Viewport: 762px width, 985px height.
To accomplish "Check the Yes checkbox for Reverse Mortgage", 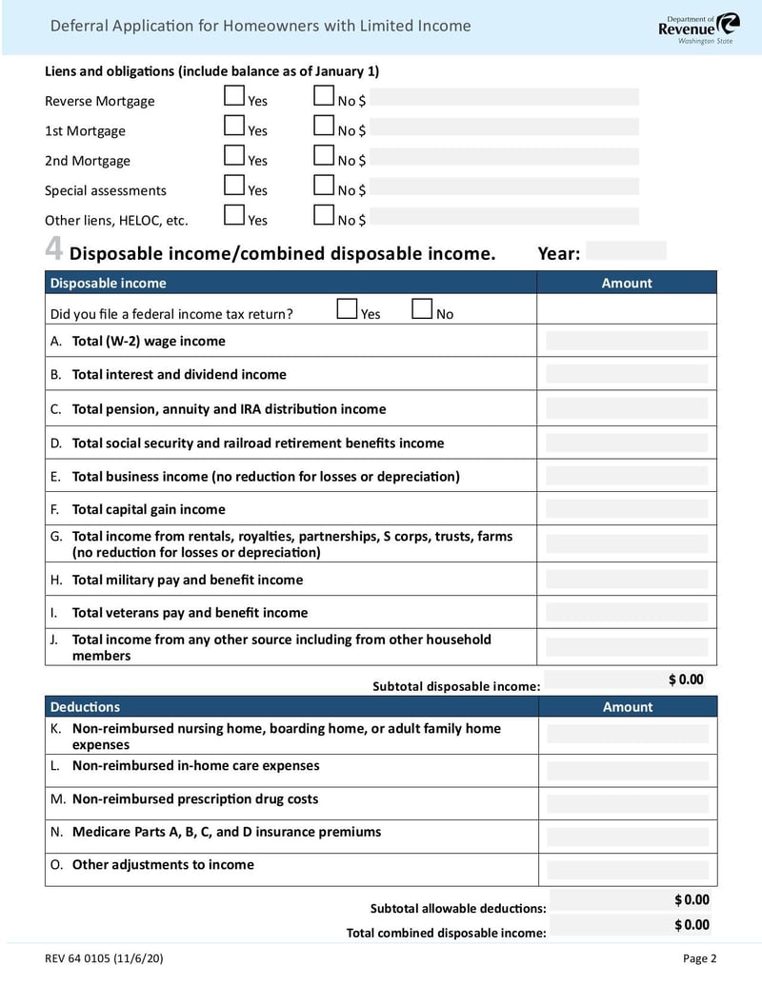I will [234, 96].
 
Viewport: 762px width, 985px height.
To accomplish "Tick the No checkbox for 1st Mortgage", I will [324, 126].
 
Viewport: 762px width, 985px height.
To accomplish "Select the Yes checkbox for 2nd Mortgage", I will [234, 155].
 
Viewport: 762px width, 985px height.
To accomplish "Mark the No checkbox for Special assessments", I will [324, 185].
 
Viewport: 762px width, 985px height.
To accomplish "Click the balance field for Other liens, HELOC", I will [504, 217].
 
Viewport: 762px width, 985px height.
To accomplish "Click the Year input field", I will [626, 251].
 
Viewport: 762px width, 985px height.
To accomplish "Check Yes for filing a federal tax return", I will [348, 309].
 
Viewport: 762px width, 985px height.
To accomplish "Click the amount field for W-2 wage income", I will [627, 341].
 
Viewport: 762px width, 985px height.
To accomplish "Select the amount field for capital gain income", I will [627, 509].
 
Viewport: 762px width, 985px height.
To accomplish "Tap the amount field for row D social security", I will [627, 443].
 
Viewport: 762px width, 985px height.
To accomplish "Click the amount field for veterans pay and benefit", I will [627, 612].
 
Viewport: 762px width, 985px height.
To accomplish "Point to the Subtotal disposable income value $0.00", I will [686, 680].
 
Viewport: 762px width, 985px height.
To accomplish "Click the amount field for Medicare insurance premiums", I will [627, 837].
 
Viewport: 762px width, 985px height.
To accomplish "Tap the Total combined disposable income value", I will [692, 925].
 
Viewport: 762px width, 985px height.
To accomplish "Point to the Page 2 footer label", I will [699, 958].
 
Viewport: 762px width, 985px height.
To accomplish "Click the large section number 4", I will [54, 250].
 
